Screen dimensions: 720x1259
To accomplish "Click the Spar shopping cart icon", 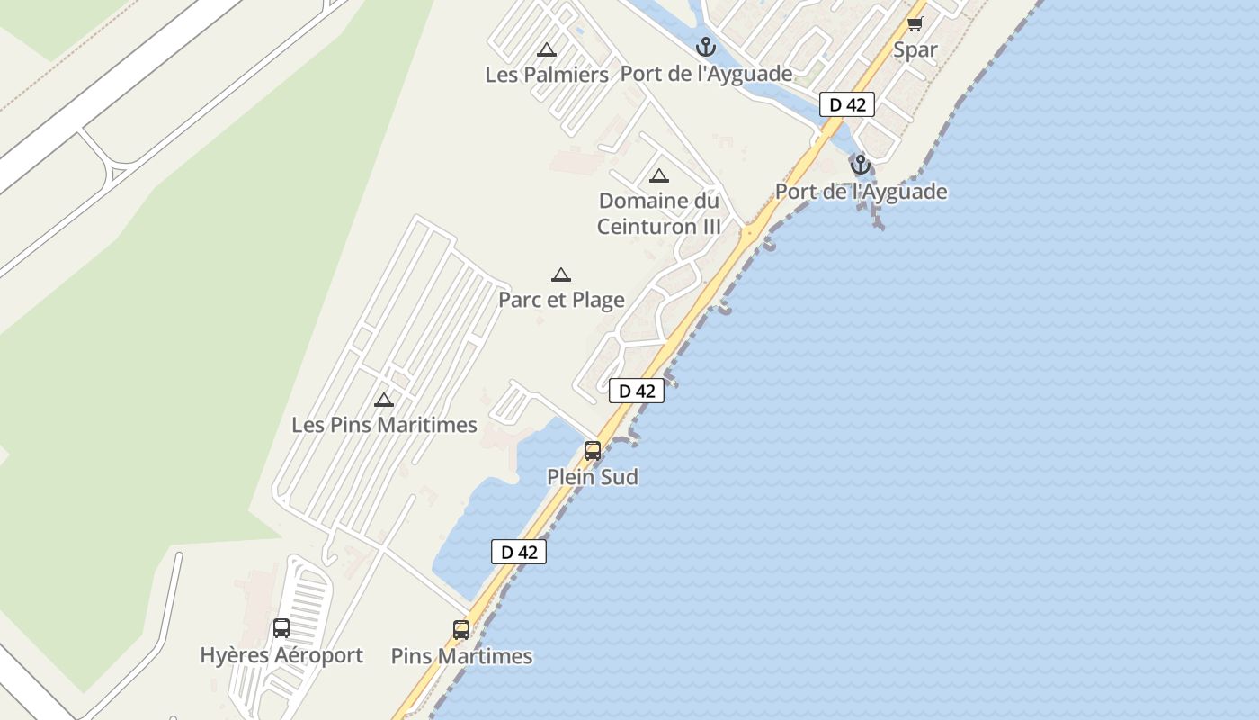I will [915, 24].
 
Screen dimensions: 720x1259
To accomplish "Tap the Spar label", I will [915, 50].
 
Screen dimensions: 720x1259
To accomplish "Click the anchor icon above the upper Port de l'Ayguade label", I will [706, 47].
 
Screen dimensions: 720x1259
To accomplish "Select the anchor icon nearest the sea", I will [861, 165].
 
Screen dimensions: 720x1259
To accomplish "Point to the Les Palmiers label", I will [547, 75].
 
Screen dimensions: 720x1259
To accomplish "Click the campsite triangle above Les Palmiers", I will [546, 50].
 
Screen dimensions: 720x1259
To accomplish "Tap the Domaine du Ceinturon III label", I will [659, 213].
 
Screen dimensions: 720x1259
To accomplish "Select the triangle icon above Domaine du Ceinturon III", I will [659, 176].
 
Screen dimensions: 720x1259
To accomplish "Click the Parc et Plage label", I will [561, 300].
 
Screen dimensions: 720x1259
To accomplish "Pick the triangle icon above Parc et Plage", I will [561, 275].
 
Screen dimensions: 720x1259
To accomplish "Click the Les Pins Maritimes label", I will [384, 424].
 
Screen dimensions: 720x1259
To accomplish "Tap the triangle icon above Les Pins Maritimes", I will [384, 400].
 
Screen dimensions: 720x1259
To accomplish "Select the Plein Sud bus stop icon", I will [593, 451].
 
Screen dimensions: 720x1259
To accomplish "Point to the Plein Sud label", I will [593, 477].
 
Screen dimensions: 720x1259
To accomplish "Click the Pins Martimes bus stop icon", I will [461, 630].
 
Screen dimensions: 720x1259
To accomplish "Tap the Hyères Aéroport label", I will [281, 655].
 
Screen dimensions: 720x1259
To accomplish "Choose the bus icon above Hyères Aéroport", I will [281, 628].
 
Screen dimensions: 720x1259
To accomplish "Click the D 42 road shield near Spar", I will [847, 104].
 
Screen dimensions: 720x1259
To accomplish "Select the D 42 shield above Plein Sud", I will [637, 391].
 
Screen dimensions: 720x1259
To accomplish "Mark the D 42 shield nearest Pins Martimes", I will [519, 552].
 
